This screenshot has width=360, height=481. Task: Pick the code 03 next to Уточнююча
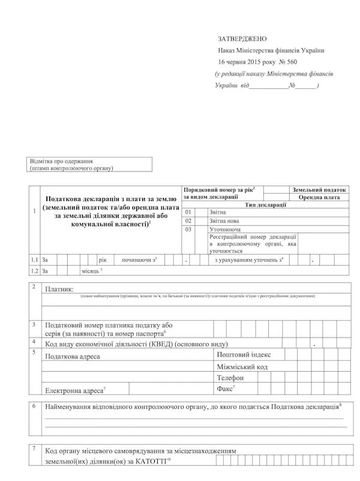click(x=189, y=229)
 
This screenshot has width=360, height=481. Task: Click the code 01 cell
click(x=189, y=212)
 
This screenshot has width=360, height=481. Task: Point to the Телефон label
click(x=229, y=378)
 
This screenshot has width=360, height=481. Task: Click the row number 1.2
click(x=35, y=271)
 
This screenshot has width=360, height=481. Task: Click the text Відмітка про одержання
click(x=61, y=162)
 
